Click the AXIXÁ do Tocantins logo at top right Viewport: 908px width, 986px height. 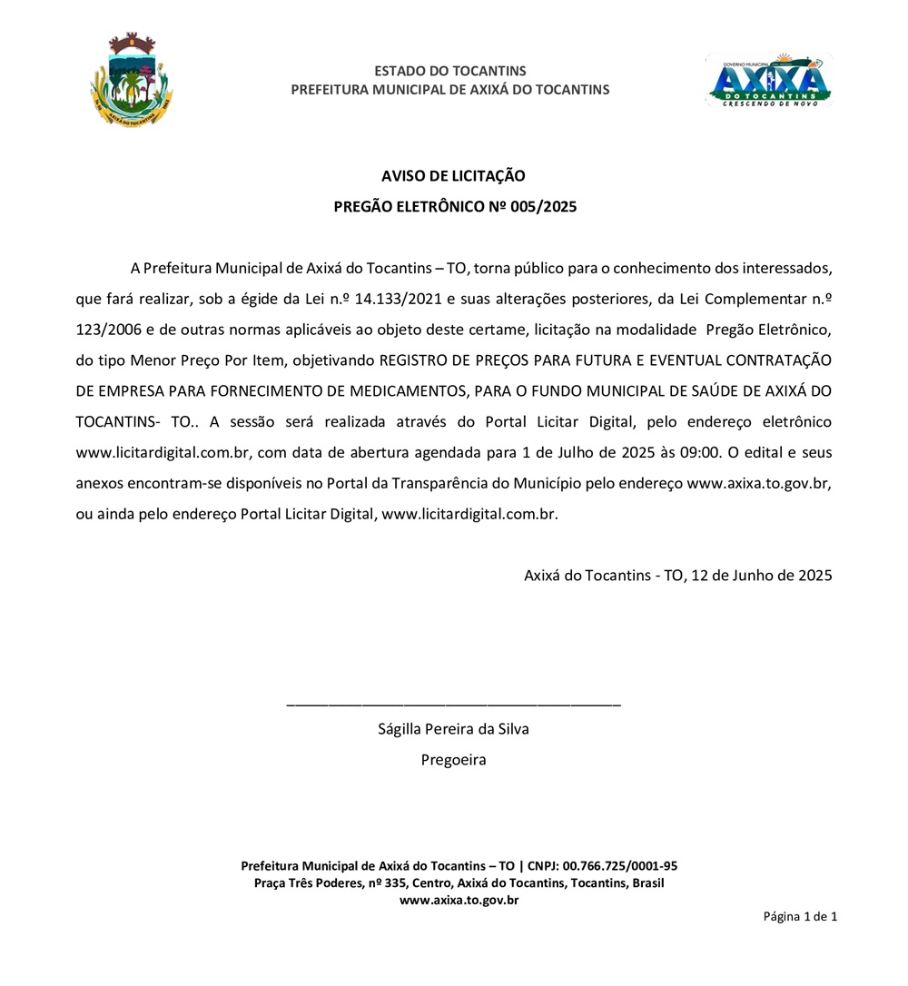pos(769,80)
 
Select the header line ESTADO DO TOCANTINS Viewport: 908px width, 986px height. pos(450,71)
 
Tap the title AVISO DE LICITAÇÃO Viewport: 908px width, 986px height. pos(453,176)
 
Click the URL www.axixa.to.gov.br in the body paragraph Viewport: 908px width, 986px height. pos(759,483)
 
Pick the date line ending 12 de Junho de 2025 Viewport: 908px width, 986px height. pos(677,575)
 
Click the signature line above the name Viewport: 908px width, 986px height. pos(453,705)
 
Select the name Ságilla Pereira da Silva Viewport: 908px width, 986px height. pos(453,729)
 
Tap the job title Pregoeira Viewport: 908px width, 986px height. pos(453,760)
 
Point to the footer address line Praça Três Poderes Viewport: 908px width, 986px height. pos(459,882)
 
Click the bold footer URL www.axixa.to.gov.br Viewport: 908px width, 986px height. pos(459,900)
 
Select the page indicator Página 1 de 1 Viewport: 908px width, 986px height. pos(800,916)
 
